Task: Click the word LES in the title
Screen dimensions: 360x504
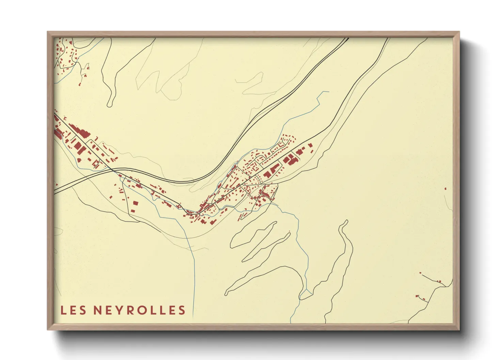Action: (x=73, y=310)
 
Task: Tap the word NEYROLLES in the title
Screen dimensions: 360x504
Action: (x=139, y=310)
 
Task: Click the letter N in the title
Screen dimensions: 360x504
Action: (x=97, y=310)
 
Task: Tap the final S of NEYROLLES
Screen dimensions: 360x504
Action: (x=182, y=310)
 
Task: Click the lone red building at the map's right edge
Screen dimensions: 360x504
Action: (x=445, y=188)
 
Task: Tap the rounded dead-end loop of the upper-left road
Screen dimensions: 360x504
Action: (x=109, y=104)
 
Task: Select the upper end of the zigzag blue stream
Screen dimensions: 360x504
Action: (x=329, y=92)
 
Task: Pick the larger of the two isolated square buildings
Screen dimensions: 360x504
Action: (x=135, y=203)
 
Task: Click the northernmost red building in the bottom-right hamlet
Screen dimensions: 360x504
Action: (x=420, y=273)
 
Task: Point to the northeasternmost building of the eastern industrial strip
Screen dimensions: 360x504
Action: (x=310, y=145)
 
